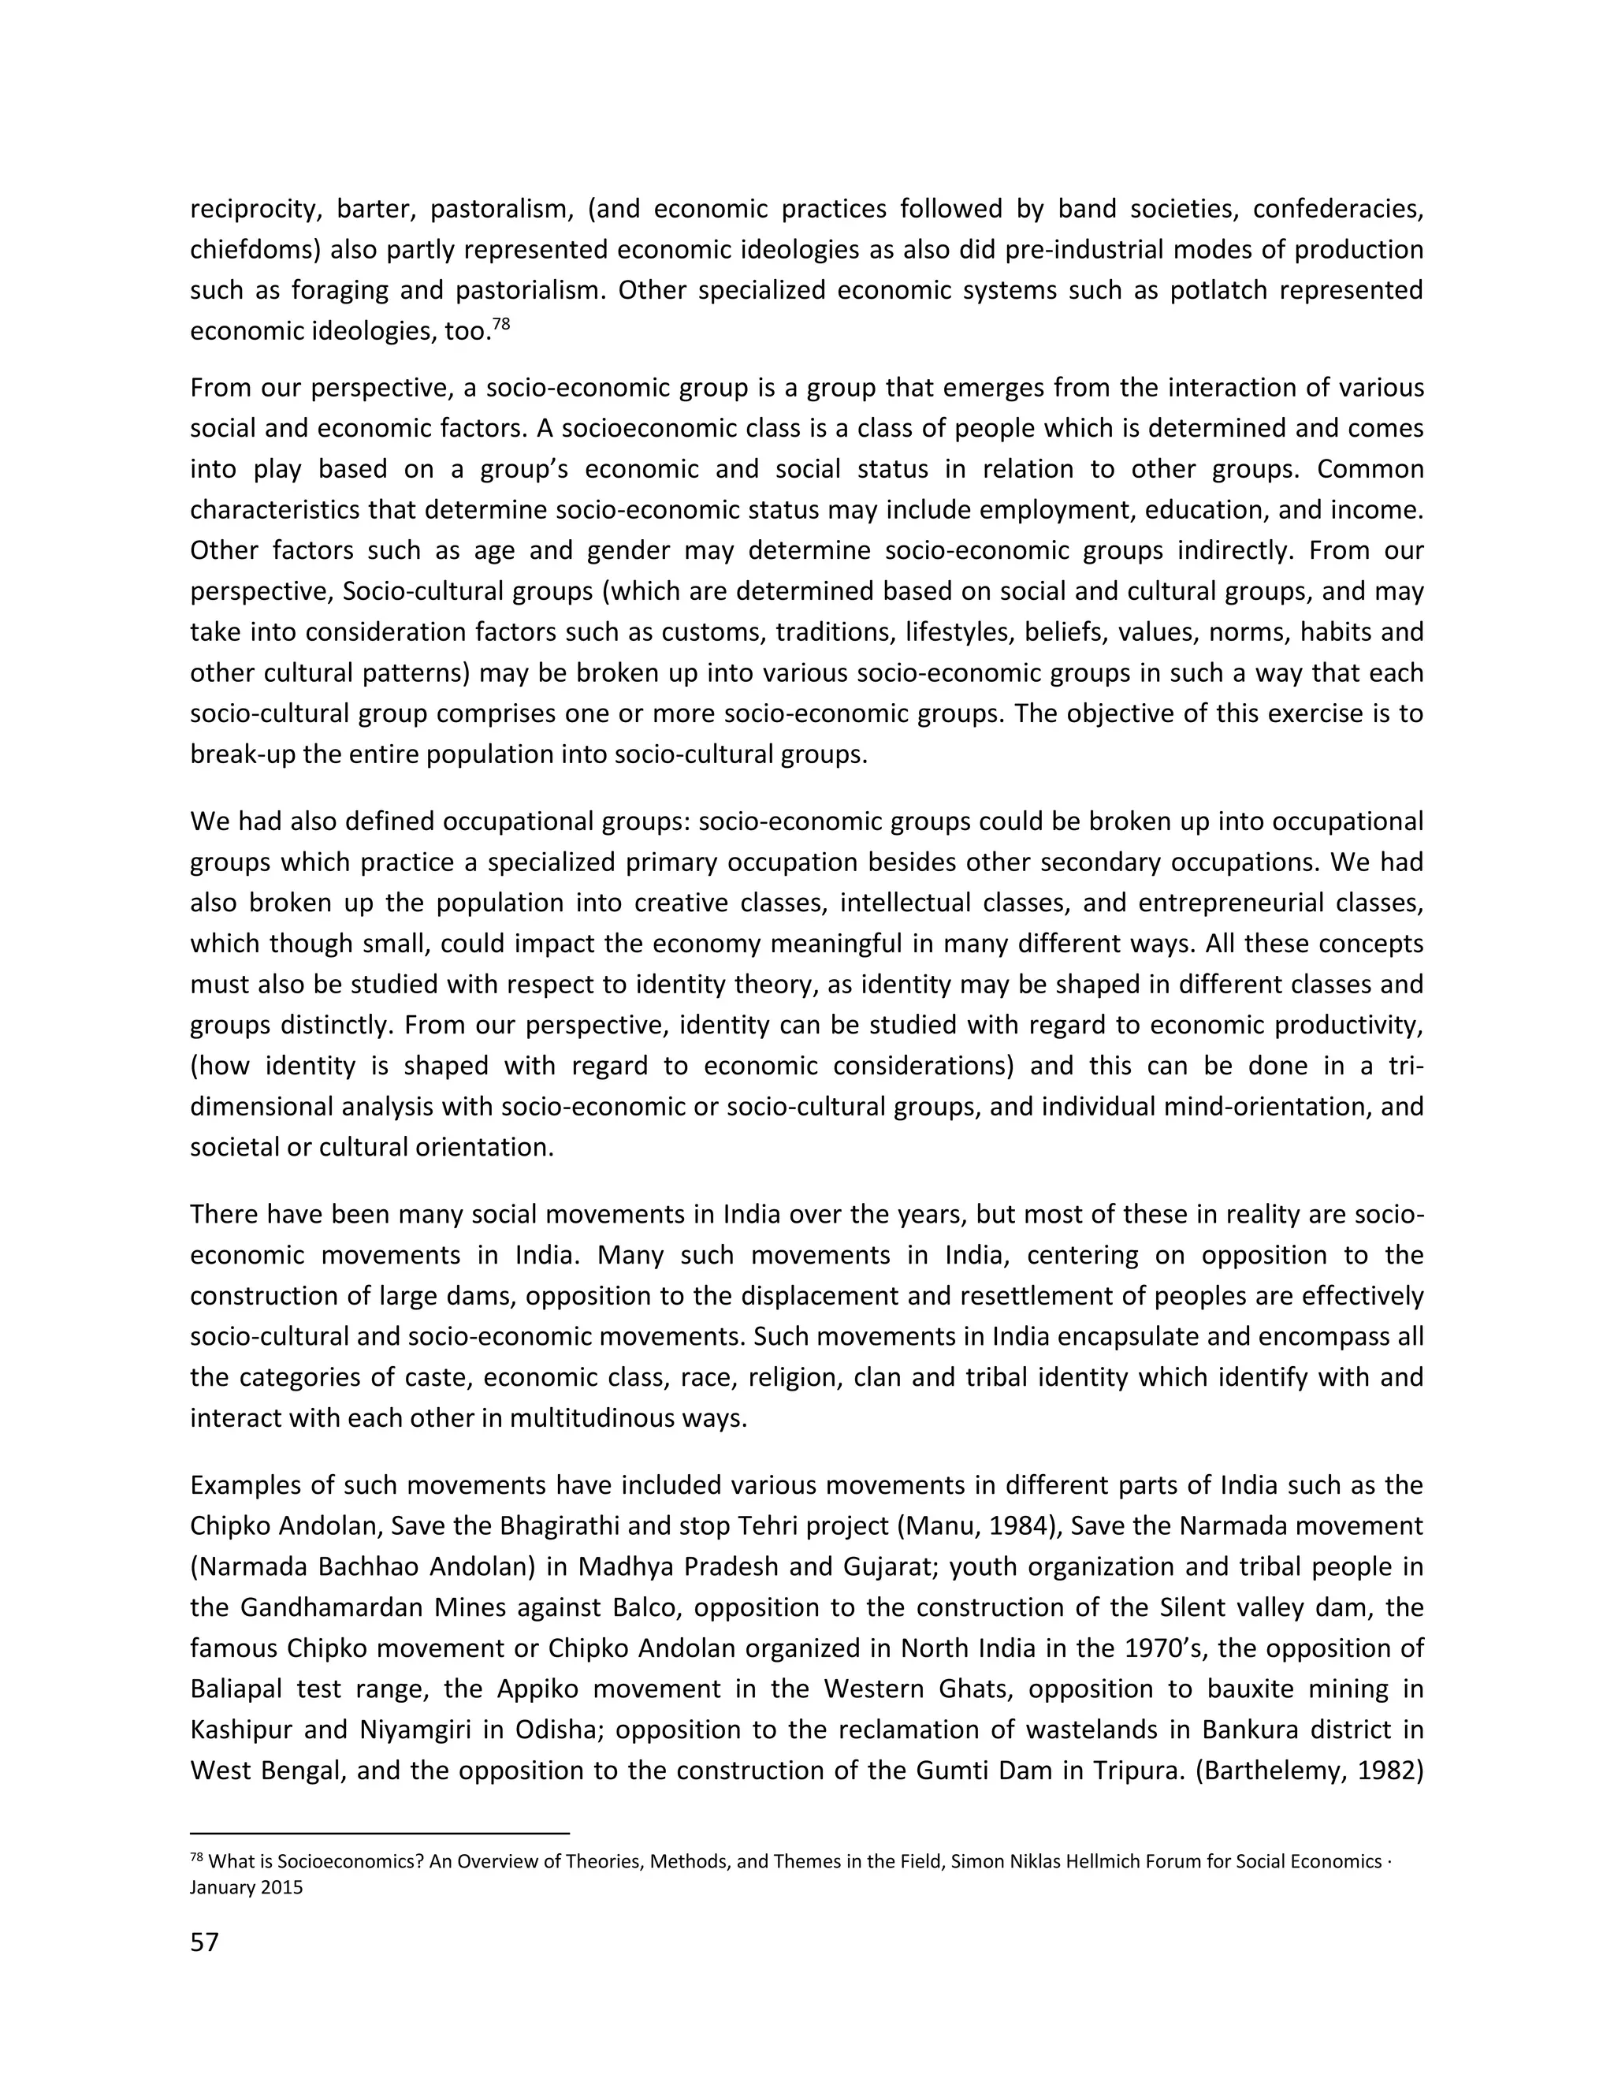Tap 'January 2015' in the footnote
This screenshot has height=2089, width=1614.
click(246, 1887)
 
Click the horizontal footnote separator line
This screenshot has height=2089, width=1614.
click(380, 1834)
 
